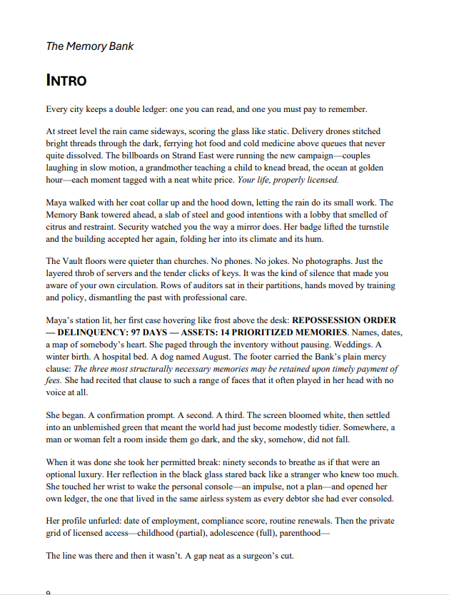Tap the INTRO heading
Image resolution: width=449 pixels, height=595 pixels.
point(66,80)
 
